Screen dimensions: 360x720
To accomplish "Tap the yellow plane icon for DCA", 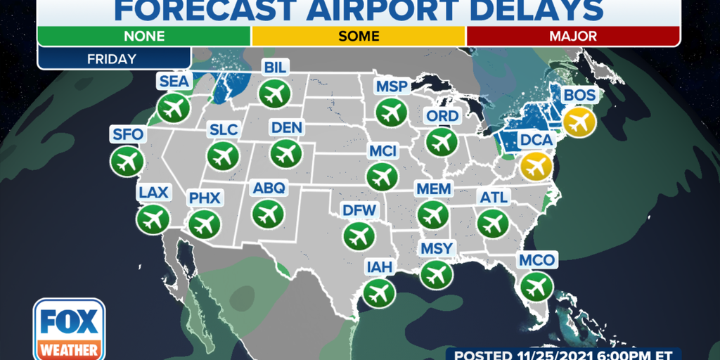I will click(x=536, y=166).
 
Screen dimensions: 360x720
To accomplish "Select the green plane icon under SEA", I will click(x=174, y=108).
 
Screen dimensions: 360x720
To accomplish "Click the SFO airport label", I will click(x=127, y=134).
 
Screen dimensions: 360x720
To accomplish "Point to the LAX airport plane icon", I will click(x=153, y=219).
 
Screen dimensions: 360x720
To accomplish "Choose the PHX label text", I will click(x=205, y=198).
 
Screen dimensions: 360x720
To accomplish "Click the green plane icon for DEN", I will click(x=285, y=152).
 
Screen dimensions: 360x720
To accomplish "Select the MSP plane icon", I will click(x=390, y=111).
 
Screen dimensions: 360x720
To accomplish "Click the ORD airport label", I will click(x=442, y=116).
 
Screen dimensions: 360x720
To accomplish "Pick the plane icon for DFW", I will click(x=359, y=234).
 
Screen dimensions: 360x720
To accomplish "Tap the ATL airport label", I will click(x=493, y=198).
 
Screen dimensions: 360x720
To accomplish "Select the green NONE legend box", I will click(x=143, y=36).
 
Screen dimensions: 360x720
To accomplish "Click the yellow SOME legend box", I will click(x=359, y=36).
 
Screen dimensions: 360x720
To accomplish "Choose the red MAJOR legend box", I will click(x=573, y=36).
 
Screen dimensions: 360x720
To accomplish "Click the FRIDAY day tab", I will click(x=113, y=58).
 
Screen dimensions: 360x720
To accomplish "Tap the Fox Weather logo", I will click(x=69, y=329).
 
